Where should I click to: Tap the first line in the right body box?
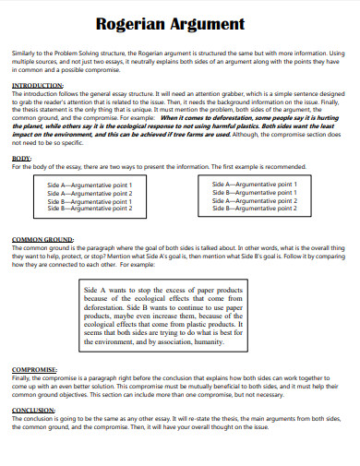point(254,184)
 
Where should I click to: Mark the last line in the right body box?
point(254,209)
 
